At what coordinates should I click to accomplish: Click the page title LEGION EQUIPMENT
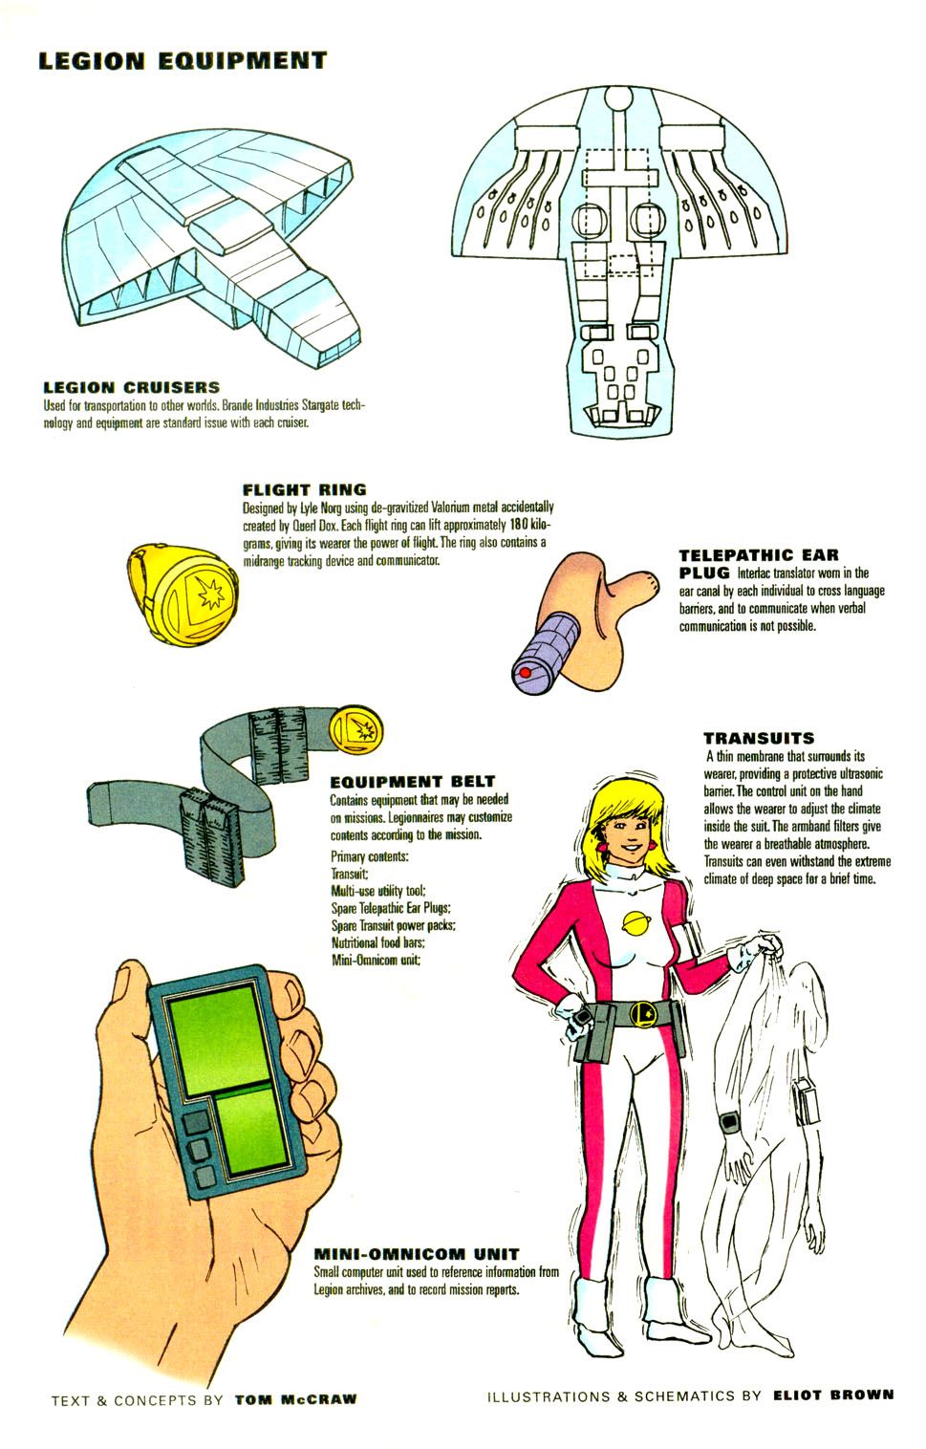coord(183,61)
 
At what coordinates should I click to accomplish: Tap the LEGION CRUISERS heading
coord(132,387)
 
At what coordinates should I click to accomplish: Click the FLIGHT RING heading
coord(305,489)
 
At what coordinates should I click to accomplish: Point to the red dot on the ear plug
coord(525,673)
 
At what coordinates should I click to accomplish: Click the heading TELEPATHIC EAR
coord(759,555)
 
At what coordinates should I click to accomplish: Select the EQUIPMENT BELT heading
coord(413,782)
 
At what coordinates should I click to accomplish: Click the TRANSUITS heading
coord(759,738)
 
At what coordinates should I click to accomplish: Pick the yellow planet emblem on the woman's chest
coord(635,923)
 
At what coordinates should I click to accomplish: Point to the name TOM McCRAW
coord(295,1399)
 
